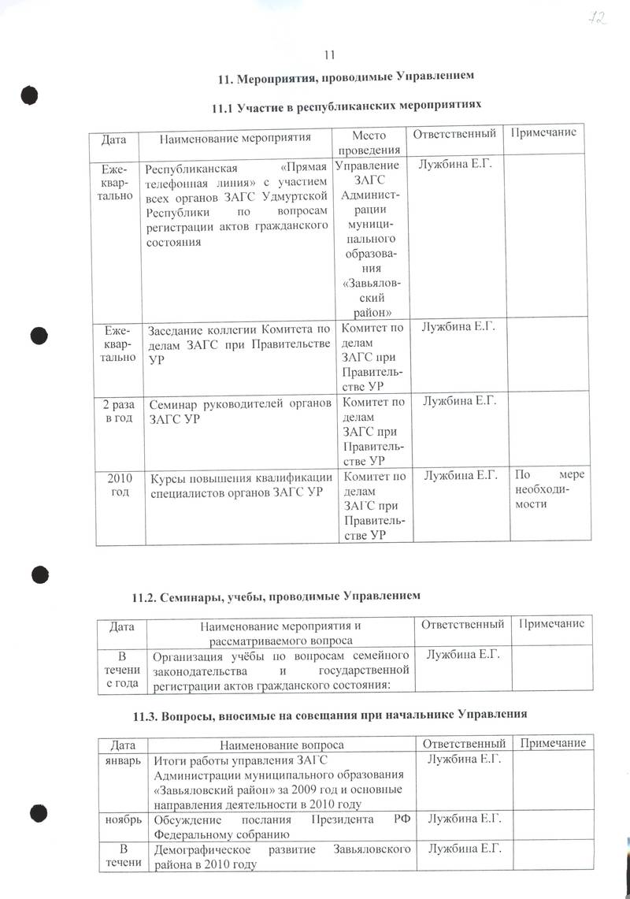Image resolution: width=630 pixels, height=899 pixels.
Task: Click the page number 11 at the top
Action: (x=329, y=54)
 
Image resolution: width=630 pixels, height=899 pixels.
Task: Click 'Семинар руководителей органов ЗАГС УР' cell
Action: (x=239, y=410)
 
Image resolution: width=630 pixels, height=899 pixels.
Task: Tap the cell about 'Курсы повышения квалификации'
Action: (x=239, y=483)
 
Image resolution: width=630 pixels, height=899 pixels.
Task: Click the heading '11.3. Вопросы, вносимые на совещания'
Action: (x=328, y=715)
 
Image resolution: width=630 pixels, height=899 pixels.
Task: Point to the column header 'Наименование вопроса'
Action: (x=281, y=744)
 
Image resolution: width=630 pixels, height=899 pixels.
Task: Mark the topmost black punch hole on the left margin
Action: (x=31, y=94)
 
